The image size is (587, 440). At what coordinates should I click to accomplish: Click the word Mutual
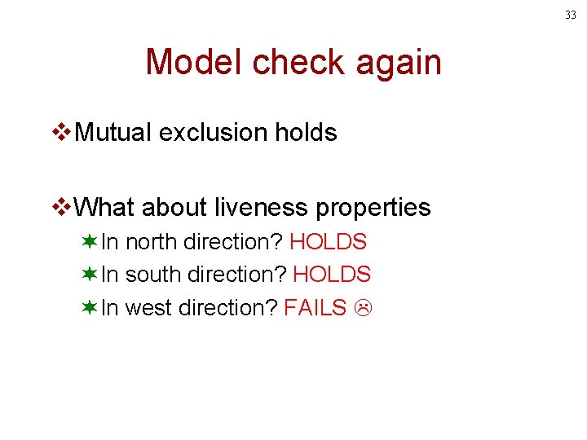(x=113, y=133)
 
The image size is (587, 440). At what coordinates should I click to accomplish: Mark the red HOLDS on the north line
(x=328, y=242)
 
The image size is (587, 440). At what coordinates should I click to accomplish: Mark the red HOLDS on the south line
(x=332, y=275)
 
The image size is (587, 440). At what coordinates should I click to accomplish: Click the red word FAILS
(x=316, y=307)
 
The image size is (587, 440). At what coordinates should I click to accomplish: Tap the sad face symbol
(x=363, y=308)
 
